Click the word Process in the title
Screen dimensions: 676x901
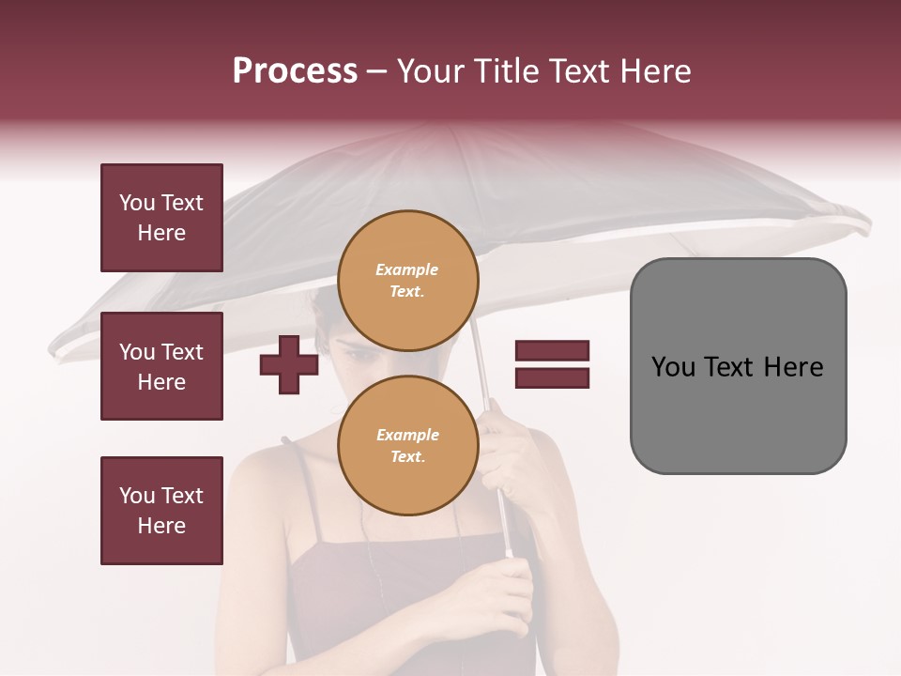295,71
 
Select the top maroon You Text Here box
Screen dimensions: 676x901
161,218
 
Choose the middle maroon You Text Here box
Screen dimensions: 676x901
161,366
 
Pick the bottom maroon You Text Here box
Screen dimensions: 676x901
161,511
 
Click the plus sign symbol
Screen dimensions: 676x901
289,364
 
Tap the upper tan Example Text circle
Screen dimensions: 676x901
407,280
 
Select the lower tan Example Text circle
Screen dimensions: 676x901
407,445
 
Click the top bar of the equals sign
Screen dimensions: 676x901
552,351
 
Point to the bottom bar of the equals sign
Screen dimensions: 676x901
552,377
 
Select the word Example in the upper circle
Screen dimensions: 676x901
407,269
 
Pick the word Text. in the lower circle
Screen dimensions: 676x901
407,457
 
